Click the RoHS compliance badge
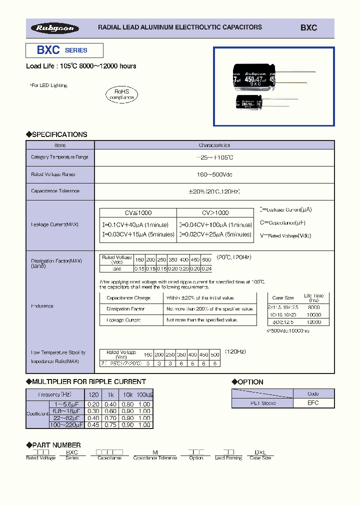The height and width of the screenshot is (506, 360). tap(121, 94)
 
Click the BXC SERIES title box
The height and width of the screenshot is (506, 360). tap(64, 50)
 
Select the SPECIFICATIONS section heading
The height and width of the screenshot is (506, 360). tap(56, 134)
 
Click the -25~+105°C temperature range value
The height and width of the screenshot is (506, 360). tap(214, 157)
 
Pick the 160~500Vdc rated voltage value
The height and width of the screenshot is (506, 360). tap(214, 174)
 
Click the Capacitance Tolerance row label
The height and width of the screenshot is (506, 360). tap(55, 191)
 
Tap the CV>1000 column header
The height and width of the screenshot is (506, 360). tap(215, 212)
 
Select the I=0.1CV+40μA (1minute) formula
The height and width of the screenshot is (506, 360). tap(136, 225)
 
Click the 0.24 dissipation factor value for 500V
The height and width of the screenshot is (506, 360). tap(206, 268)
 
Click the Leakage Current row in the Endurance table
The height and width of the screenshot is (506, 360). tap(123, 320)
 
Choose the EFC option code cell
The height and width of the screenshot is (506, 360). tap(313, 403)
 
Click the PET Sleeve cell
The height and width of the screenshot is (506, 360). tap(262, 403)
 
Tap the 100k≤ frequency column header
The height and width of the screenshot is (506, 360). tap(144, 394)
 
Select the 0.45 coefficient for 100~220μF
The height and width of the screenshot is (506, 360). tap(93, 425)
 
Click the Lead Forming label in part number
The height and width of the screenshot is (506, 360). tap(228, 458)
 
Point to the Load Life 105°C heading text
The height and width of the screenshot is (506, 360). tap(81, 66)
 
